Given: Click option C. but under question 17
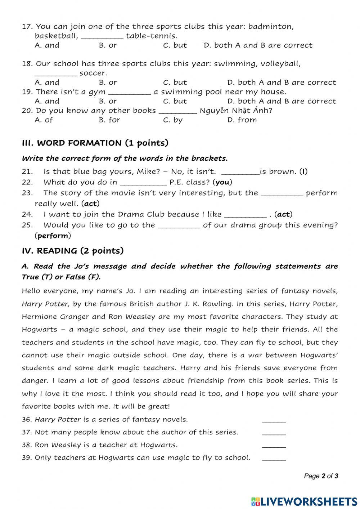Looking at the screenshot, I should pyautogui.click(x=175, y=45).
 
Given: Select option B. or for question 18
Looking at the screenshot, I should pyautogui.click(x=108, y=82).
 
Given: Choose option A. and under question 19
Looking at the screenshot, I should pyautogui.click(x=47, y=101).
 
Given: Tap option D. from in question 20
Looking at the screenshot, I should pyautogui.click(x=242, y=120).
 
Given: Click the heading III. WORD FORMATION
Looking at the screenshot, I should pyautogui.click(x=95, y=143).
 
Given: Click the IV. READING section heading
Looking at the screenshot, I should pyautogui.click(x=73, y=251).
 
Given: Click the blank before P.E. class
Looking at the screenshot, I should pyautogui.click(x=143, y=183).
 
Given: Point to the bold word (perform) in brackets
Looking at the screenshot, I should pyautogui.click(x=53, y=236).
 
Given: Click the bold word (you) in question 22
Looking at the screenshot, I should pyautogui.click(x=222, y=182).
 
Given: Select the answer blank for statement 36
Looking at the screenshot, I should pyautogui.click(x=274, y=420).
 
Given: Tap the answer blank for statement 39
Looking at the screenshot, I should pyautogui.click(x=274, y=458).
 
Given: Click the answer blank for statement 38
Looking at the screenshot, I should pyautogui.click(x=274, y=445).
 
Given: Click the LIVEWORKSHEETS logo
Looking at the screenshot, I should pyautogui.click(x=304, y=501).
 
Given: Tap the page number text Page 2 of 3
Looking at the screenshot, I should pyautogui.click(x=321, y=476).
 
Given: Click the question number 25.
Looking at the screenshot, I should pyautogui.click(x=27, y=225).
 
